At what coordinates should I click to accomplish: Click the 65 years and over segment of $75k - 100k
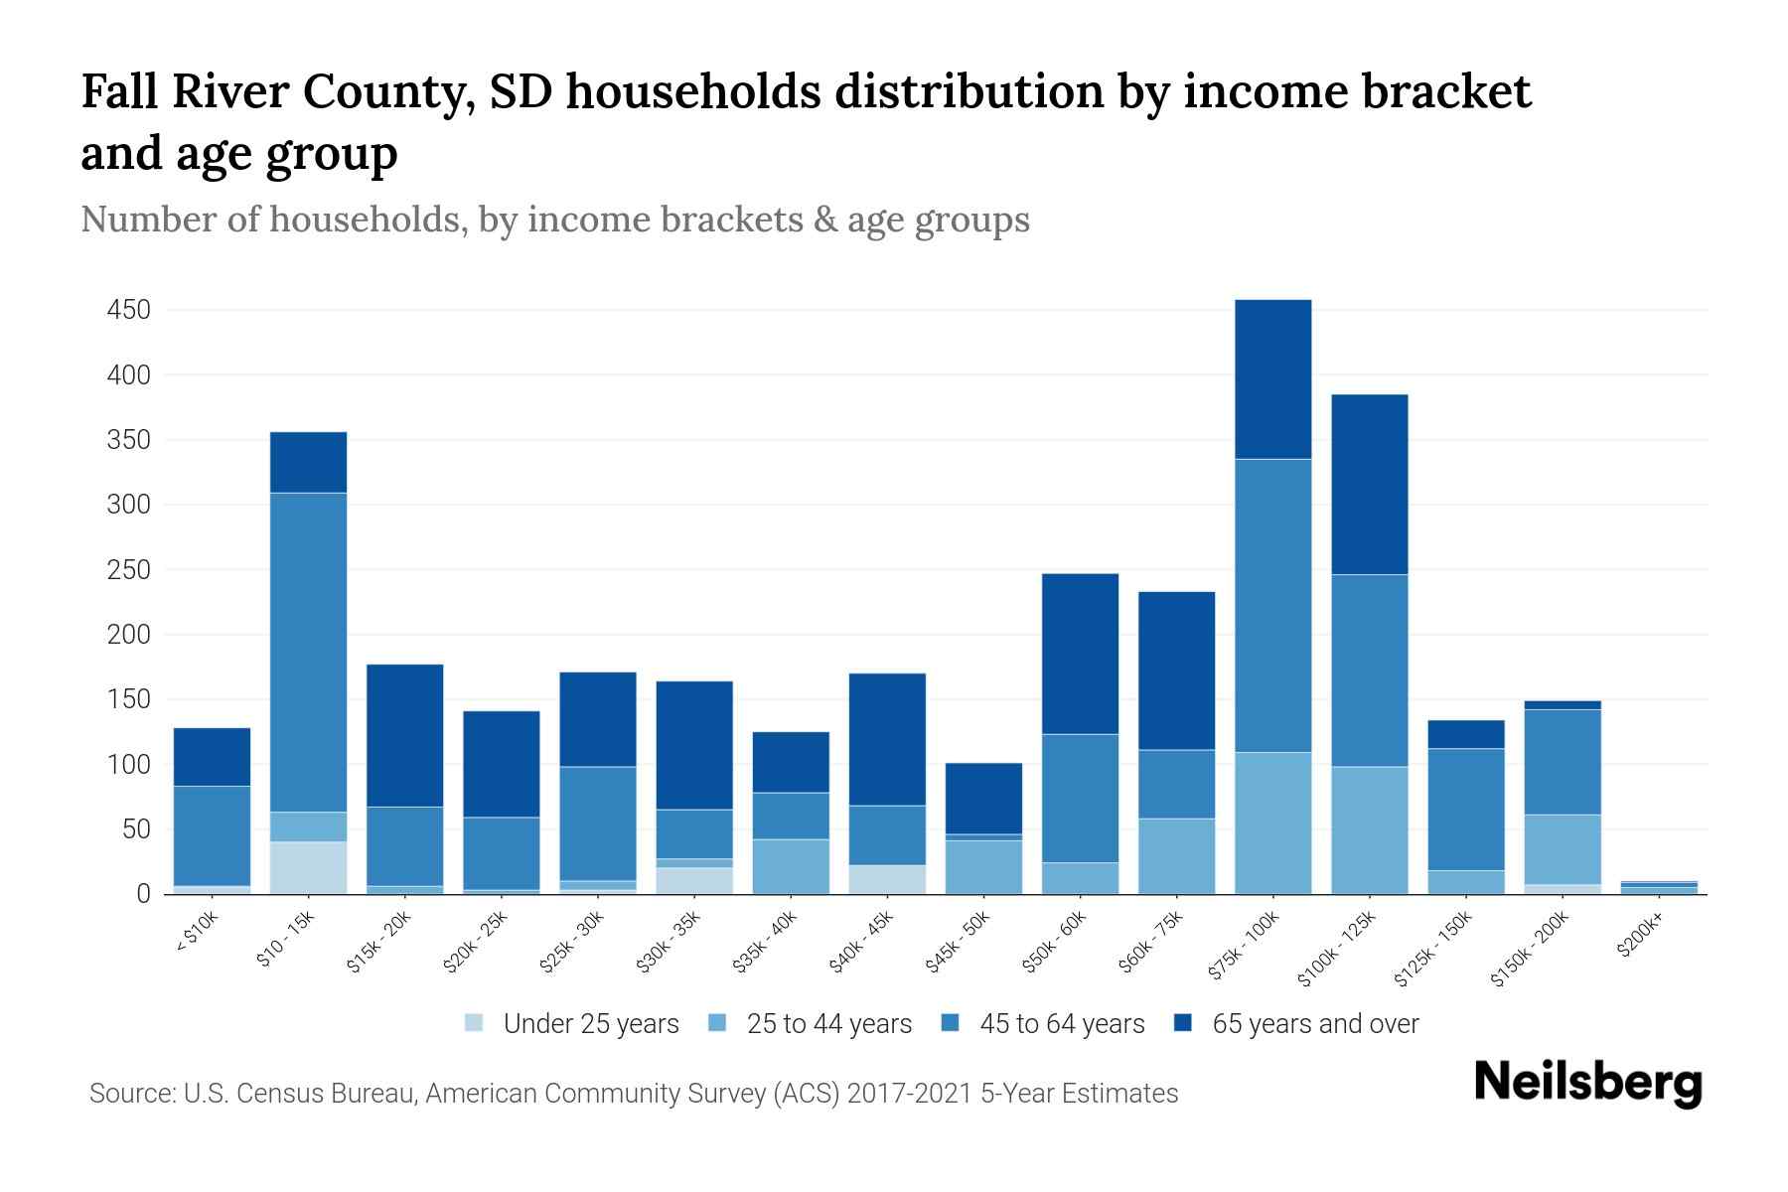[x=1272, y=379]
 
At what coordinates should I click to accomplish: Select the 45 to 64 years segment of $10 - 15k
[x=308, y=653]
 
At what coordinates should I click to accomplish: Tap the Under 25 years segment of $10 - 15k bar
[x=308, y=868]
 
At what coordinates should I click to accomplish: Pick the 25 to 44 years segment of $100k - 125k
[x=1369, y=830]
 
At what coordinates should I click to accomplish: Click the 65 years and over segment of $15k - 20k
[x=404, y=735]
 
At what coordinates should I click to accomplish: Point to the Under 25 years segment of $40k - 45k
[x=887, y=880]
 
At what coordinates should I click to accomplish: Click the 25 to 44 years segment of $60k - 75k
[x=1176, y=856]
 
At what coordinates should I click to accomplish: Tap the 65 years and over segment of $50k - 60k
[x=1080, y=654]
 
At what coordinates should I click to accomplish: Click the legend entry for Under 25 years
[x=591, y=1024]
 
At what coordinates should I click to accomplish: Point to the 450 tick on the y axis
[x=129, y=311]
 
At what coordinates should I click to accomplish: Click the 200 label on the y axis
[x=129, y=635]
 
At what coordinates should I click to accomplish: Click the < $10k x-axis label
[x=197, y=932]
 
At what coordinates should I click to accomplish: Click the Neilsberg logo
[x=1587, y=1083]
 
